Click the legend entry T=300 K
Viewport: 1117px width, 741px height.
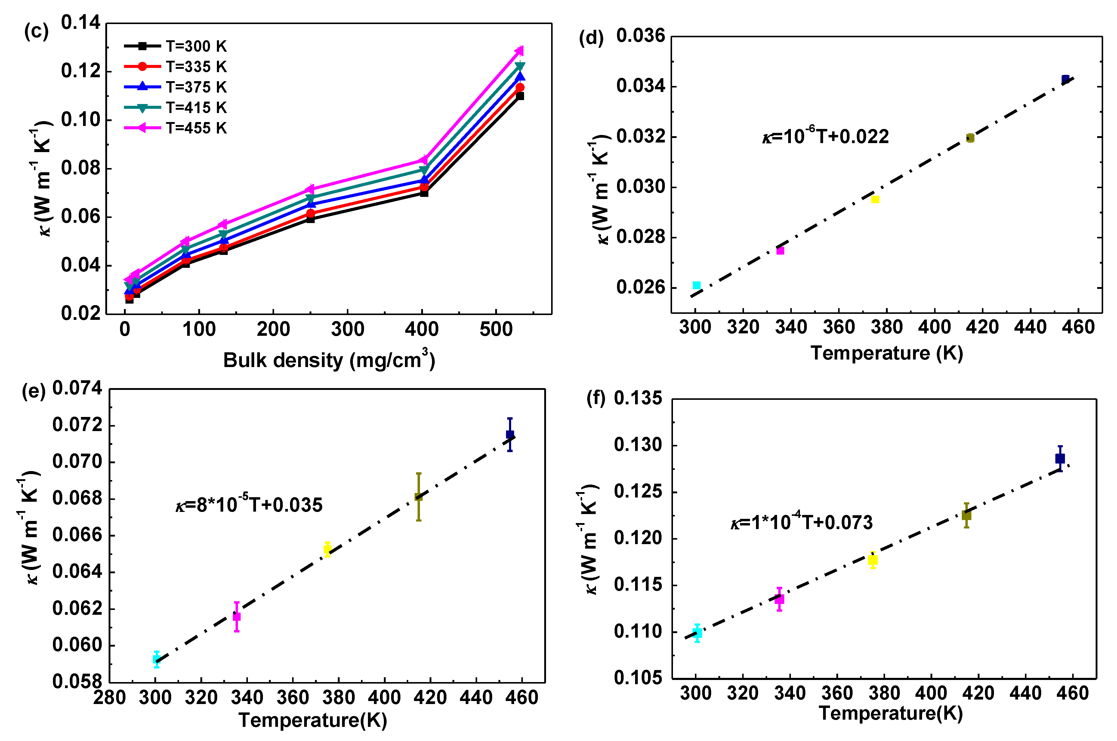(x=195, y=46)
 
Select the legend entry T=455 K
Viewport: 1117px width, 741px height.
(x=195, y=128)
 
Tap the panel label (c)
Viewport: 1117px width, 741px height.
(x=36, y=31)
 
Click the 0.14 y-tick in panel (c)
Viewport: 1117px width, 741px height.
(x=80, y=22)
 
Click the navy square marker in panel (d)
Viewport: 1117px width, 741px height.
(x=1065, y=79)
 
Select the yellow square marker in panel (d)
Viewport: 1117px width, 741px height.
(x=875, y=199)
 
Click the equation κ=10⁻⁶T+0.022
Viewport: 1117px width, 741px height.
(x=825, y=136)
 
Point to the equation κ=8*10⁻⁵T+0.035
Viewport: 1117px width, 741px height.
(x=249, y=505)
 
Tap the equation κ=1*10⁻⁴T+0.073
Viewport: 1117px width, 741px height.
(x=801, y=522)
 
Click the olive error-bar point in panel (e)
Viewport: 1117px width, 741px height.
(x=418, y=497)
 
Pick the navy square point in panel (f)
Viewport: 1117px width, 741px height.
(x=1060, y=458)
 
